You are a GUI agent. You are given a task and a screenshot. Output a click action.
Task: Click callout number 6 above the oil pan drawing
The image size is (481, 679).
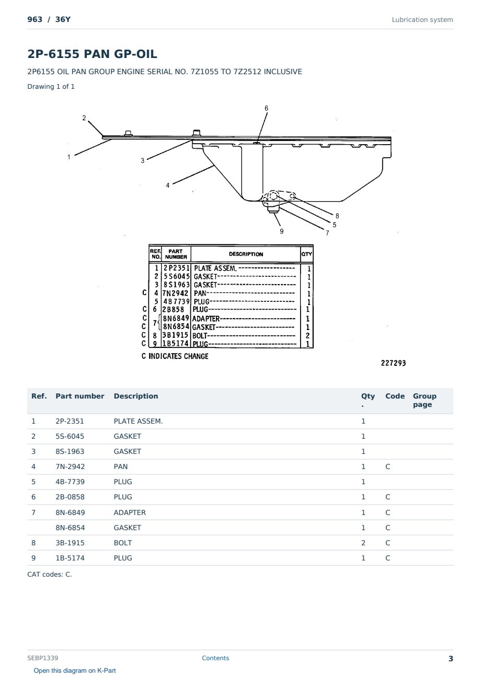(x=266, y=108)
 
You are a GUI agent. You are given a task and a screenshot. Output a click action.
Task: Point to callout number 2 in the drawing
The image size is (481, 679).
(x=84, y=118)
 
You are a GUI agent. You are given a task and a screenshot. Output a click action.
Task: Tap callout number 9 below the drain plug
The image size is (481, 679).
(x=282, y=231)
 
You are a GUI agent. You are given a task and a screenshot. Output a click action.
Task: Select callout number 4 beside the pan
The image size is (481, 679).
(x=167, y=185)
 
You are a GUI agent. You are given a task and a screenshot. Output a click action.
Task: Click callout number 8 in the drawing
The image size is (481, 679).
(x=337, y=216)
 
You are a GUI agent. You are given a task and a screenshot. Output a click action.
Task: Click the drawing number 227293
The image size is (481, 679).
(x=393, y=363)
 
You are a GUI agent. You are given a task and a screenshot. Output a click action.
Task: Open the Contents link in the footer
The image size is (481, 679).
(x=215, y=658)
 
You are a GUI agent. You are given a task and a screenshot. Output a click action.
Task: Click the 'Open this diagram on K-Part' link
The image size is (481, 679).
(x=75, y=670)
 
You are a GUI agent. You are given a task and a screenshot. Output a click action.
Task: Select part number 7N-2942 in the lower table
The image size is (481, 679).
(x=70, y=466)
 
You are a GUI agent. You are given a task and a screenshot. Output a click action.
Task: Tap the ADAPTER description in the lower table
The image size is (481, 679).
(x=130, y=512)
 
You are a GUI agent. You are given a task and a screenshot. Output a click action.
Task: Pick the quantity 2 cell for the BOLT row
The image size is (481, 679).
(x=363, y=543)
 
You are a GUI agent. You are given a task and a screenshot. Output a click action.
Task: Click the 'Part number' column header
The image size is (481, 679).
(x=80, y=396)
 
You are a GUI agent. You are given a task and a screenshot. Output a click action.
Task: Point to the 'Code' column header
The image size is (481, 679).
(x=395, y=396)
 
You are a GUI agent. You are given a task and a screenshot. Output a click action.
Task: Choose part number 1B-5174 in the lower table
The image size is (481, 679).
(x=70, y=558)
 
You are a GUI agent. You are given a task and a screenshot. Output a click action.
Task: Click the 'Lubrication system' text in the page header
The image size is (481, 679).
(x=422, y=20)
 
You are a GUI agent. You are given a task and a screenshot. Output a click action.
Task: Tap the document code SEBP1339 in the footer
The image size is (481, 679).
(x=43, y=658)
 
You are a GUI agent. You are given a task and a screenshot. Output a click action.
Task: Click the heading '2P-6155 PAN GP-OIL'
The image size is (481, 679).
(x=92, y=54)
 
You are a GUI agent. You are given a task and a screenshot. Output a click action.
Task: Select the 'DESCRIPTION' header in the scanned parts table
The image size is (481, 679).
(x=246, y=254)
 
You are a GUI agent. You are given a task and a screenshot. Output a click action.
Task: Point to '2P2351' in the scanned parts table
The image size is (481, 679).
(x=176, y=268)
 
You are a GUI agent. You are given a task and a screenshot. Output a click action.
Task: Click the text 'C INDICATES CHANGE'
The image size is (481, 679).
(x=175, y=356)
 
